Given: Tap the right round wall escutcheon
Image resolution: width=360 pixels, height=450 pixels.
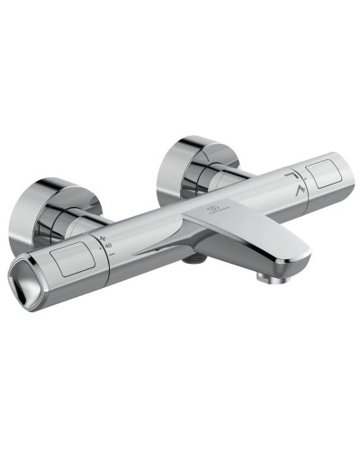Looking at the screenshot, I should pos(194,160).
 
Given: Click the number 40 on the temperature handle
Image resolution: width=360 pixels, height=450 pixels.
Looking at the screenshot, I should pos(108,244).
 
